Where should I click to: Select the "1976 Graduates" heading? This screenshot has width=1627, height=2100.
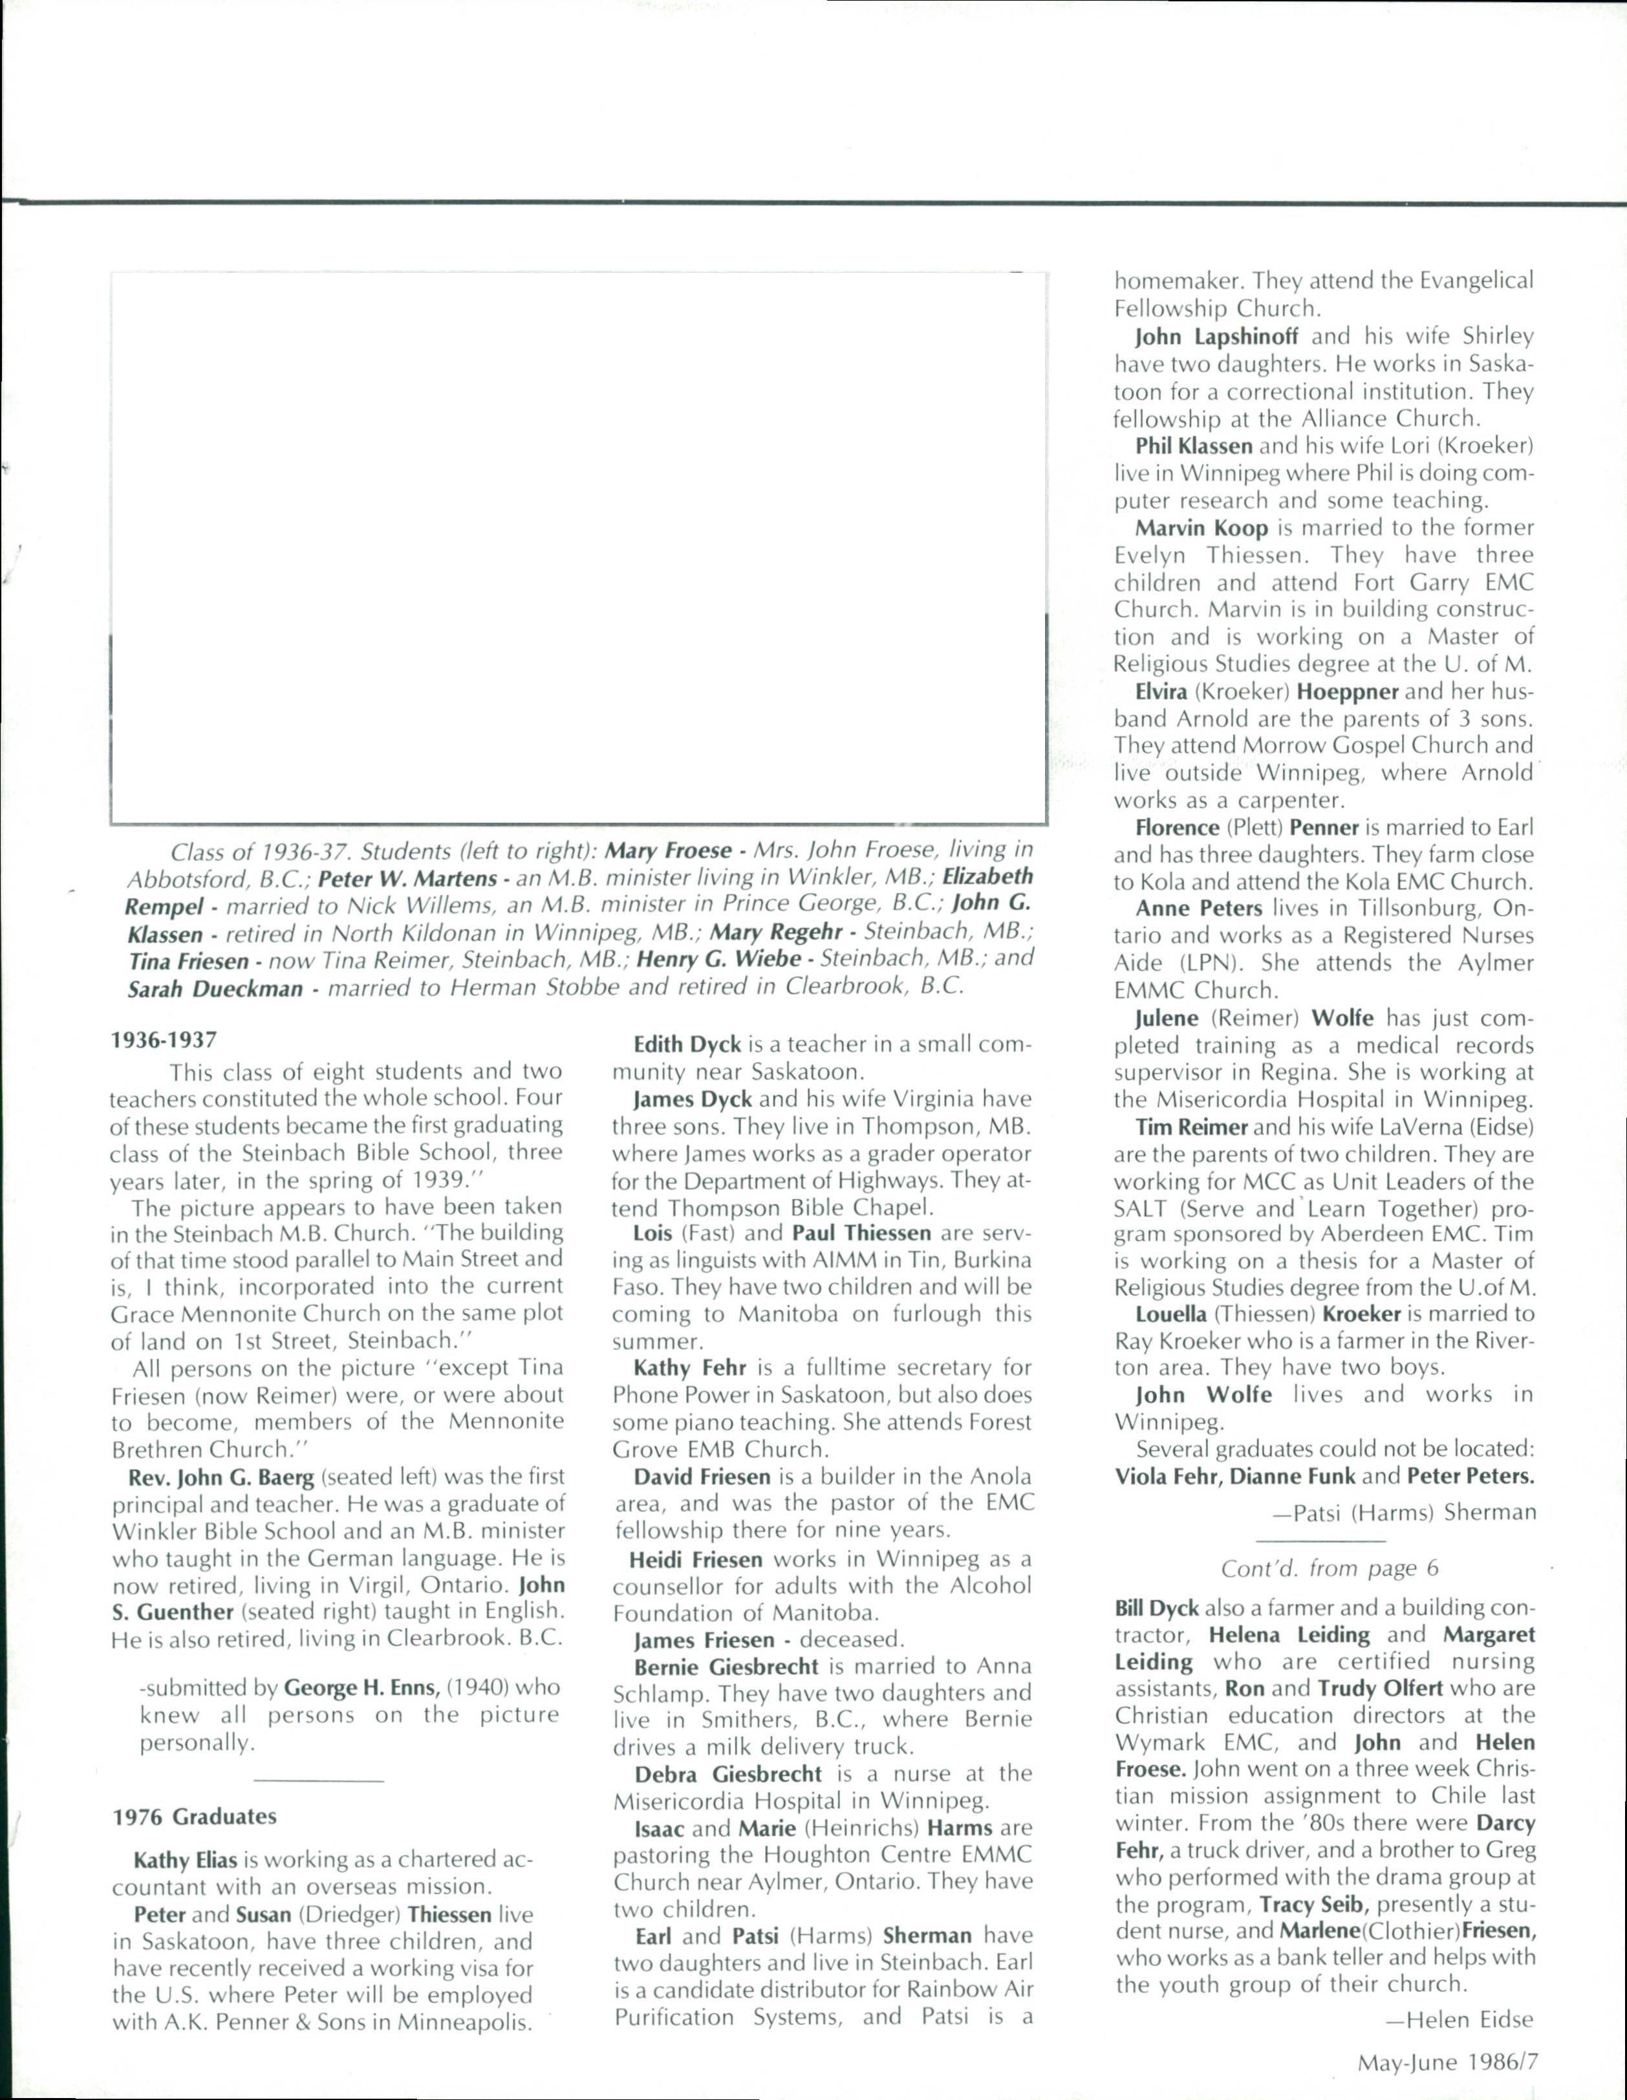click(194, 1816)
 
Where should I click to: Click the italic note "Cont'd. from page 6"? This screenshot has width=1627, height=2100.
click(1329, 1568)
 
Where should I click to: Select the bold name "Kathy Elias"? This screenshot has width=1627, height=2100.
click(186, 1859)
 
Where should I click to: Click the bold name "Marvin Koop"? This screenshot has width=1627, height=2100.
click(1202, 528)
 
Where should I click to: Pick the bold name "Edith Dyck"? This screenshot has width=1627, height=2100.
click(687, 1045)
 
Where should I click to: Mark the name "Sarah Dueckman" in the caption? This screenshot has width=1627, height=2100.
click(215, 988)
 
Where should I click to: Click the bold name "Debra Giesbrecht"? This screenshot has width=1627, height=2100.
click(728, 1774)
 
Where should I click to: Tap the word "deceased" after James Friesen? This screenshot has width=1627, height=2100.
click(851, 1640)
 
